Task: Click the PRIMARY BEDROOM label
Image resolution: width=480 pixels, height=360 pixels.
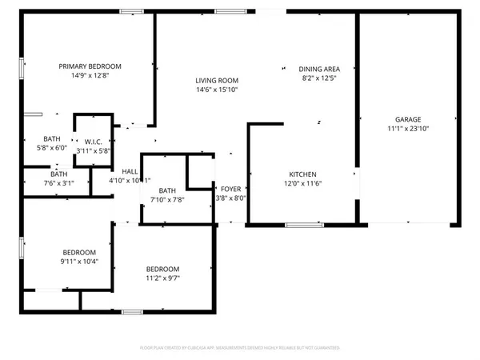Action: [x=90, y=66]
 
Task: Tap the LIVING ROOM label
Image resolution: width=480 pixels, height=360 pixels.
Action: [x=218, y=81]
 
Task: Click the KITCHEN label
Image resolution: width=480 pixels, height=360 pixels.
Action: [x=303, y=174]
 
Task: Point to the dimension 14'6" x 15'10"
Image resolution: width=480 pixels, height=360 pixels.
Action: [x=218, y=90]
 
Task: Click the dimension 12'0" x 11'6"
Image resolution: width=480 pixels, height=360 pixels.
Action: [x=303, y=184]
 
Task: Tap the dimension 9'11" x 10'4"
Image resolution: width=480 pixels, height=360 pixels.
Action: [x=80, y=261]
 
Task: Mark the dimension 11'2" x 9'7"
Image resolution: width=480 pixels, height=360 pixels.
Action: [x=162, y=278]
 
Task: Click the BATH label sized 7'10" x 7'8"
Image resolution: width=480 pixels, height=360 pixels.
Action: [x=166, y=190]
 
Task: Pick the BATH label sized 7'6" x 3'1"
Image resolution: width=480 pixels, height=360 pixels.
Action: [x=59, y=174]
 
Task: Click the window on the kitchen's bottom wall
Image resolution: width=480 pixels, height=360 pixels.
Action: [x=298, y=226]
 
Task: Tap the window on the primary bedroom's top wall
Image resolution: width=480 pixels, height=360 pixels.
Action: [x=131, y=11]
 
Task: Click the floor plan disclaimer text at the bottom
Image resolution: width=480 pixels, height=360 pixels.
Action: [x=240, y=349]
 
